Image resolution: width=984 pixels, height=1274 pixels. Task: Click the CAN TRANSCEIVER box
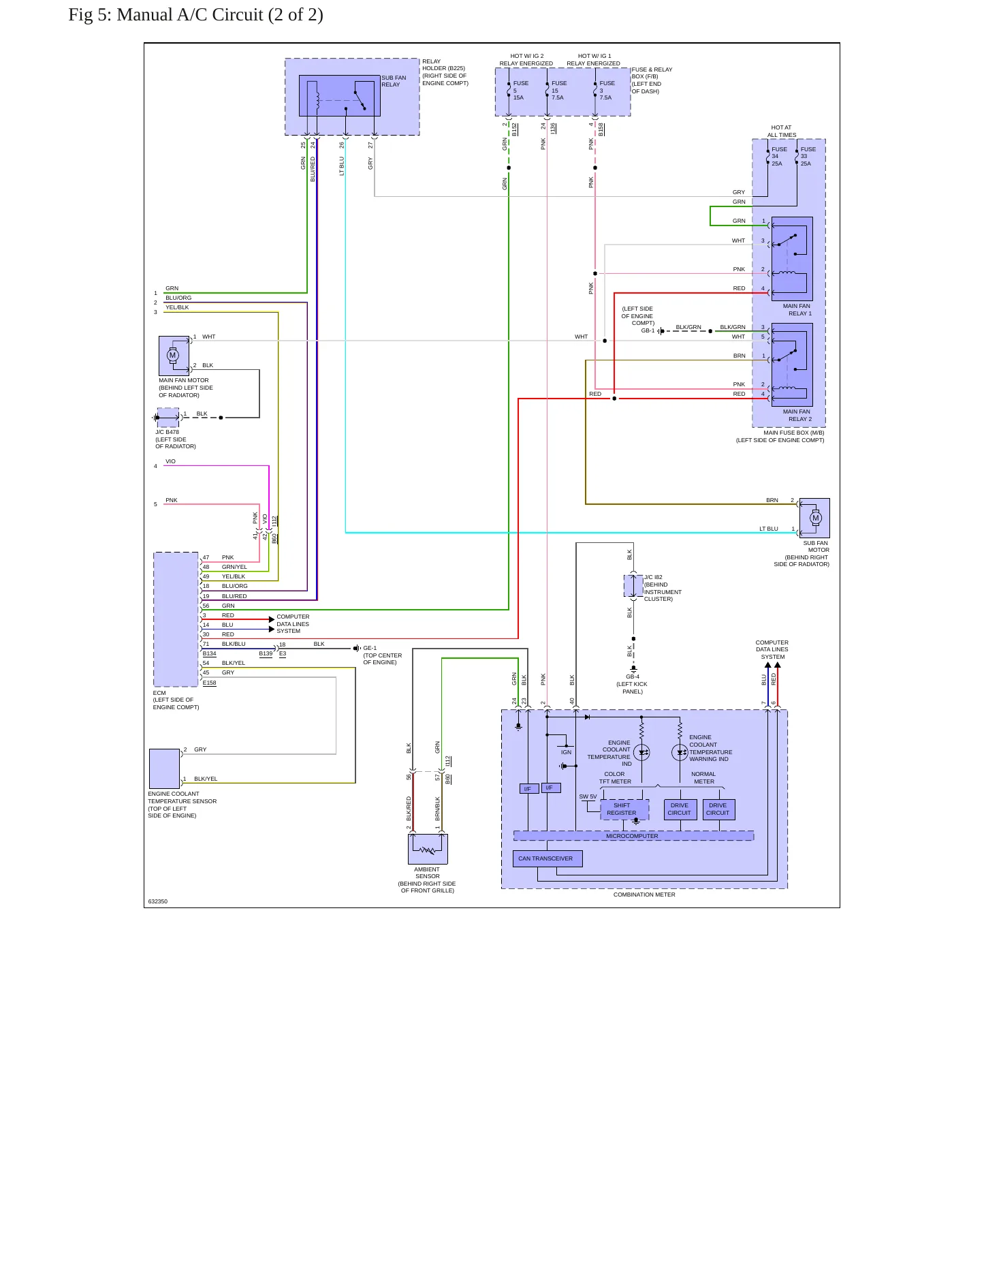547,858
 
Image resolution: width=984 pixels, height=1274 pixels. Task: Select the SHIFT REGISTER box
624,809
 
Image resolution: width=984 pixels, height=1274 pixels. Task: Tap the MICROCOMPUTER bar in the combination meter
633,836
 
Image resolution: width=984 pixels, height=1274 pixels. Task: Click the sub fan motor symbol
815,518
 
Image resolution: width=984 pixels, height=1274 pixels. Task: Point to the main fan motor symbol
173,355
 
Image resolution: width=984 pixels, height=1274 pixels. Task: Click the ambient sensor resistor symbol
428,850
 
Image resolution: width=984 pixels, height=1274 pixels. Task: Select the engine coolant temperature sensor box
164,768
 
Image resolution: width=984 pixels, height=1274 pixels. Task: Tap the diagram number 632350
158,901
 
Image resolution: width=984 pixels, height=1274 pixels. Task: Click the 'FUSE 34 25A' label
779,157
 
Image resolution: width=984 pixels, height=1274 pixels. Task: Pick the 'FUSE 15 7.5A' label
558,91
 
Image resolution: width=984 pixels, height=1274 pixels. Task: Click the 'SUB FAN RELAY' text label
394,81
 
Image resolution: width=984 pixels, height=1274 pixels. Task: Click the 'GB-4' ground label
633,677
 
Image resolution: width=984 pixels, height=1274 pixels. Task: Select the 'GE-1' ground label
370,649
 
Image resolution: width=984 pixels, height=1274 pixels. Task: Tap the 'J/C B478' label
168,432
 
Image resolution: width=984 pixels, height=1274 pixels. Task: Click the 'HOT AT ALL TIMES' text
782,131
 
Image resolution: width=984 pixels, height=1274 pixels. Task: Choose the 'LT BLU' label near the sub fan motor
769,529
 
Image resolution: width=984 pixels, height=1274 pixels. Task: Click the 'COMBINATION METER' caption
644,895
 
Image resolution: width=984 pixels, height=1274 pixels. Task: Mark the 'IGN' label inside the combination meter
566,752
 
